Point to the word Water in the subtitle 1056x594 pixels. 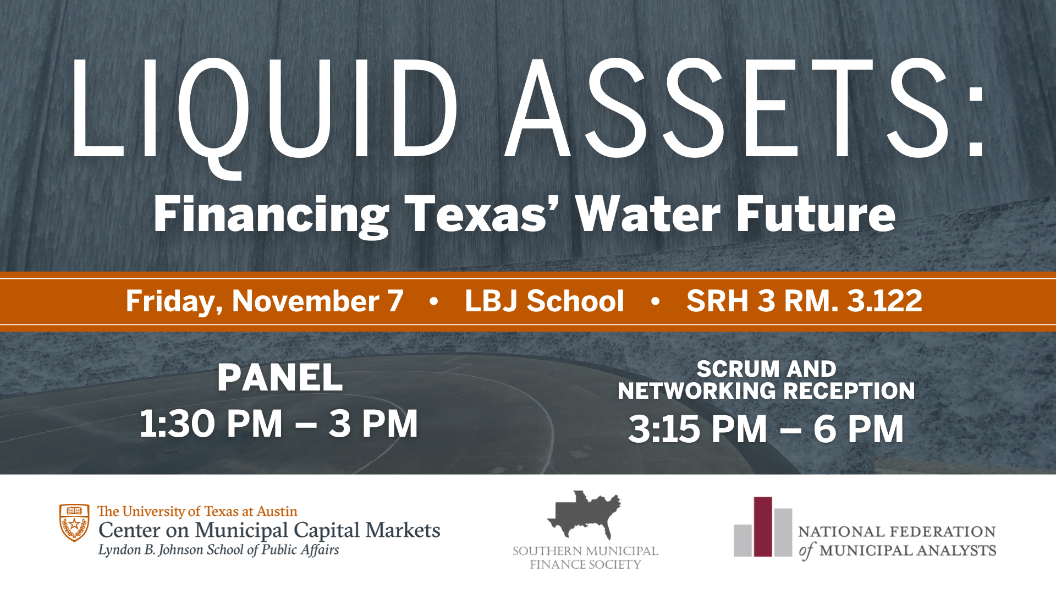[x=648, y=214]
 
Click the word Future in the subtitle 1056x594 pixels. [x=816, y=214]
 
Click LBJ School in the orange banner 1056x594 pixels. [x=544, y=301]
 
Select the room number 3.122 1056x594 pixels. [x=885, y=301]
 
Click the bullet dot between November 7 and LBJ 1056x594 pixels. [x=434, y=301]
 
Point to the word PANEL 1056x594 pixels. [x=280, y=378]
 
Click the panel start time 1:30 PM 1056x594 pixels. [x=211, y=424]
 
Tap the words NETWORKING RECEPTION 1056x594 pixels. [x=766, y=391]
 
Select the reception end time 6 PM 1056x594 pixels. [x=859, y=429]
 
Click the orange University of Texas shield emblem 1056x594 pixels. [x=74, y=522]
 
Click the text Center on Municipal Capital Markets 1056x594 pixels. [x=269, y=530]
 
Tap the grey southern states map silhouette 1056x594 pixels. [x=584, y=515]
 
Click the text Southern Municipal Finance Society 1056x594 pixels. [x=585, y=558]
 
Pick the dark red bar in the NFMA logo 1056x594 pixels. [x=763, y=527]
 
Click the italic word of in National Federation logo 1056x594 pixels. [x=807, y=551]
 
